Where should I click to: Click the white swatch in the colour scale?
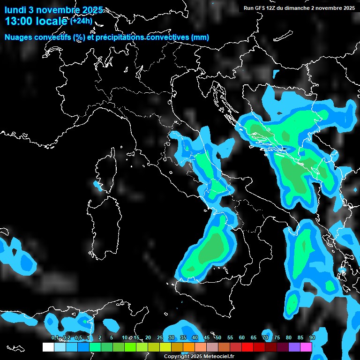coord(48,347)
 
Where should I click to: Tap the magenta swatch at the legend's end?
coord(306,347)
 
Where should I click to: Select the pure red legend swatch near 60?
coord(247,347)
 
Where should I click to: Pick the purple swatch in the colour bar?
coord(294,347)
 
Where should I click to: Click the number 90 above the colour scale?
coord(312,338)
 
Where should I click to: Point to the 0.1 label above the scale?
coord(55,338)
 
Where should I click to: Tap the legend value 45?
coord(207,338)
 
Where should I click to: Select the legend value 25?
coord(160,338)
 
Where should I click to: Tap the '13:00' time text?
coord(18,21)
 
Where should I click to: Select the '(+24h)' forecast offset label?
coord(81,21)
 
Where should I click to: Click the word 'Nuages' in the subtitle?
coord(18,37)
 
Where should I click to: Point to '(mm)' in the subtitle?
coord(200,37)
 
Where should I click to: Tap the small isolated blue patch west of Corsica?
coord(98,186)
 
